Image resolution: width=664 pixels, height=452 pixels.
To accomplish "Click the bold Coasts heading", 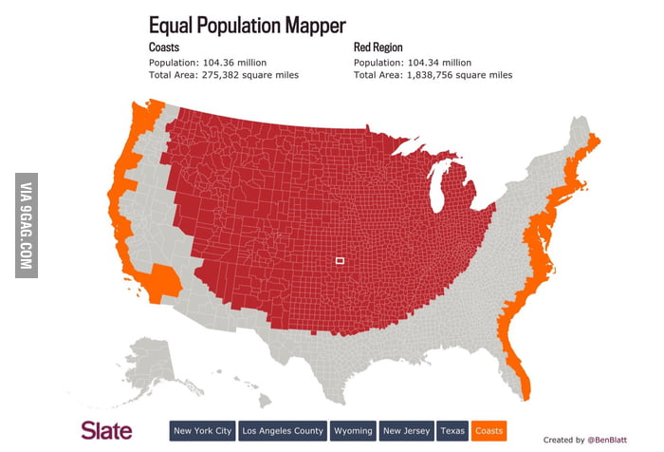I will point(164,47).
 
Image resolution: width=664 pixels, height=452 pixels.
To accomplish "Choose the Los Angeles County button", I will point(283,430).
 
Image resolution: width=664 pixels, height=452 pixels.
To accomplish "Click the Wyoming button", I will point(353,430).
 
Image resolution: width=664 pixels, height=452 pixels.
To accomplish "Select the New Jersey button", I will point(407,430).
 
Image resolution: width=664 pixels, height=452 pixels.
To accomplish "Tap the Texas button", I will point(452,430).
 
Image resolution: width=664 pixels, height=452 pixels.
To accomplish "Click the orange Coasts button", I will point(489,430).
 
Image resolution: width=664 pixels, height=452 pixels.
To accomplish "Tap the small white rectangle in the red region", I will point(341,260).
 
